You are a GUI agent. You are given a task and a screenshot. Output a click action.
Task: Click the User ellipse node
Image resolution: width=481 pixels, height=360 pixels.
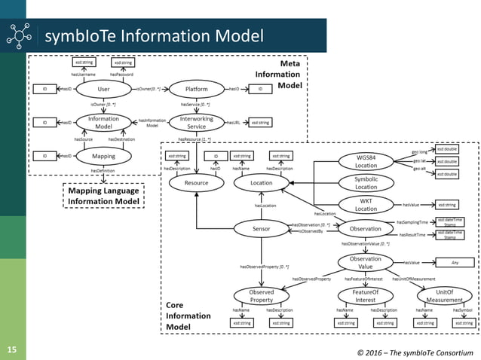coord(104,89)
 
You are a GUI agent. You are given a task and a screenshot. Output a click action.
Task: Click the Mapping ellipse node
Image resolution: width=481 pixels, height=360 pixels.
coord(104,156)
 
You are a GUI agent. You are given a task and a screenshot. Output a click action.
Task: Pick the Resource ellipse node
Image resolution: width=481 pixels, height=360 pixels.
coord(196,182)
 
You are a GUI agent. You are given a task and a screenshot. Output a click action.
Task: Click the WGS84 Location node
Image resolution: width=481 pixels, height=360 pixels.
coord(366,161)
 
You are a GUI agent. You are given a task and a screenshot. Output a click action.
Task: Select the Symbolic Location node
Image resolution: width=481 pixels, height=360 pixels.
coord(366,183)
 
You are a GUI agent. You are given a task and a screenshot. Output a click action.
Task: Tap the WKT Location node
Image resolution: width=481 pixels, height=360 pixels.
coord(366,205)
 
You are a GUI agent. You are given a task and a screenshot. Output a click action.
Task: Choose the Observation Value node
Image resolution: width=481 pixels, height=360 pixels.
coord(366,263)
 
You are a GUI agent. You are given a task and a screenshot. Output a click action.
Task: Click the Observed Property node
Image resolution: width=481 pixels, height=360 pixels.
coord(261,296)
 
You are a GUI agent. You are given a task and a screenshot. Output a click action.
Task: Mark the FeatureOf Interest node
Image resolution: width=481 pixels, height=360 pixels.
coord(365,296)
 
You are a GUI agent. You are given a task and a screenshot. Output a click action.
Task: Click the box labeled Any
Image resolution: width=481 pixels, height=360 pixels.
coord(455,263)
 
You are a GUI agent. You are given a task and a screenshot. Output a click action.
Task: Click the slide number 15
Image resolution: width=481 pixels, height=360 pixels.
coord(12,350)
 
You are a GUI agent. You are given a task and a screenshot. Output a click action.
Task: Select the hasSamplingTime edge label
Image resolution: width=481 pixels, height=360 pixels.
coord(412,222)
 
